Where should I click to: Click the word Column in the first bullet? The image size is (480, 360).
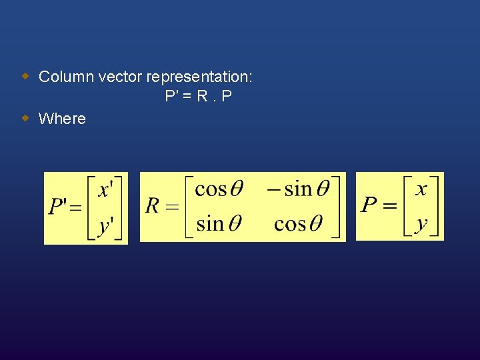66,77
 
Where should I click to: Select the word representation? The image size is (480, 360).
199,77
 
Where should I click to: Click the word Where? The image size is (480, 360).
62,119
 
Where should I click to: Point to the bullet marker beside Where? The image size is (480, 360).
25,118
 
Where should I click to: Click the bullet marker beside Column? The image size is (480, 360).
25,75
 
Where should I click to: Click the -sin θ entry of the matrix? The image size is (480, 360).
298,189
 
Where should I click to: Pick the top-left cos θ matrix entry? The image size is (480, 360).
219,189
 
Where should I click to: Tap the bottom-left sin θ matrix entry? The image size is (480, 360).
219,223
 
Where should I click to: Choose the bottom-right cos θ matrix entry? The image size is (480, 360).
298,223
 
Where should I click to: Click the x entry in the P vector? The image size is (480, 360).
421,189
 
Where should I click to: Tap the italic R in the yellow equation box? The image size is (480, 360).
153,206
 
